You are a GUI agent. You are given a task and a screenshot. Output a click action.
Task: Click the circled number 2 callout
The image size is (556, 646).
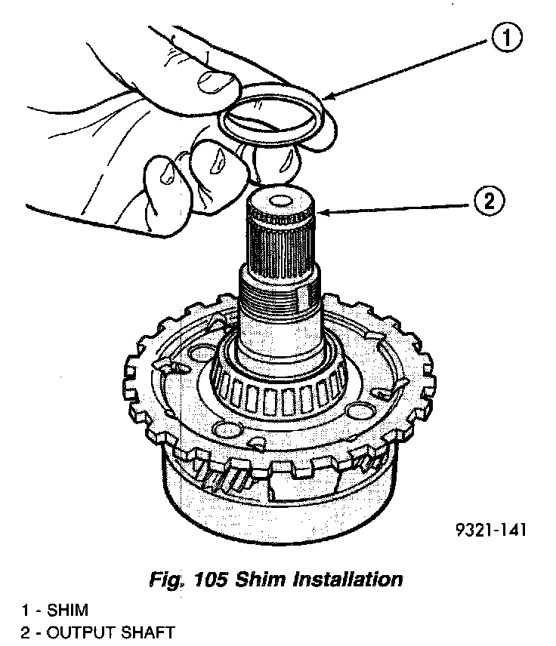(x=489, y=201)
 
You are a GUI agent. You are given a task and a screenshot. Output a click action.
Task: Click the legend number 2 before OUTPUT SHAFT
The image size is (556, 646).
(x=26, y=632)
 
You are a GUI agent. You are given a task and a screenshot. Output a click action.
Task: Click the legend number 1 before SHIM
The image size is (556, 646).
(x=26, y=610)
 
